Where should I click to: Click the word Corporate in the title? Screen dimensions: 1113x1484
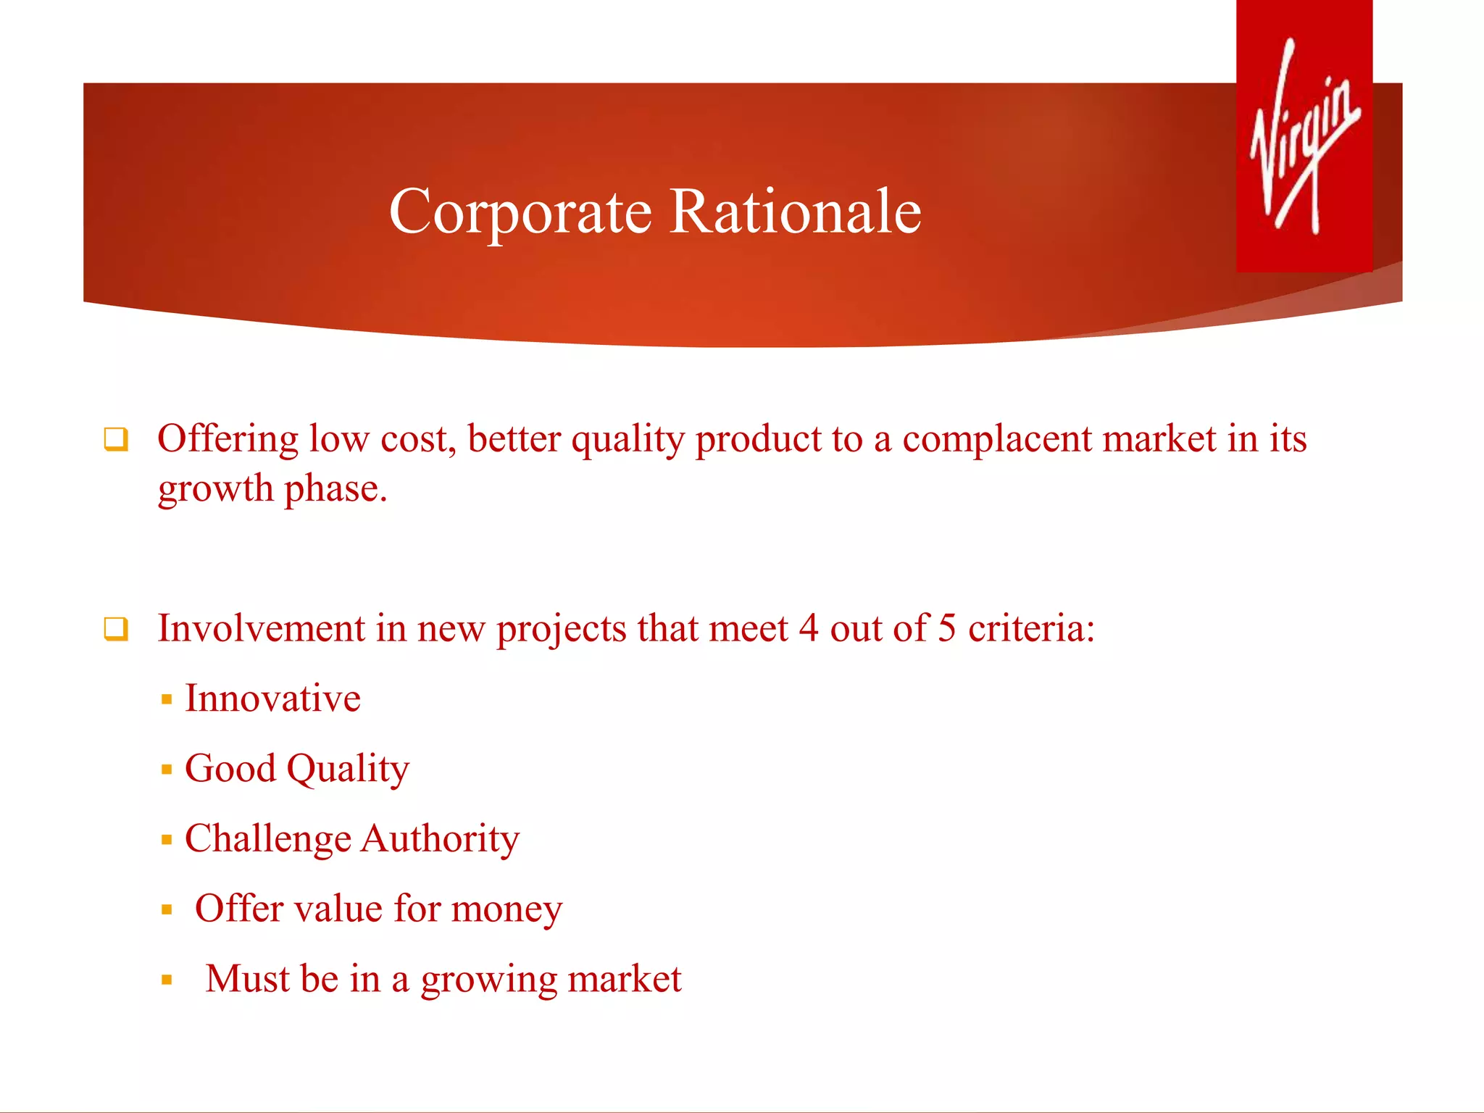click(x=520, y=212)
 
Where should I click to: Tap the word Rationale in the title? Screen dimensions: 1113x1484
click(x=795, y=212)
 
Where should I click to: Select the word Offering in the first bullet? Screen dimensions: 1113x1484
click(x=228, y=439)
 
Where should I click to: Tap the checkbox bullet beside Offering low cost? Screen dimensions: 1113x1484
click(x=116, y=439)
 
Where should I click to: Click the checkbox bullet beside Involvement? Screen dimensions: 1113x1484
click(x=116, y=628)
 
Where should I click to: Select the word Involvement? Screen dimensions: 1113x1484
click(x=261, y=628)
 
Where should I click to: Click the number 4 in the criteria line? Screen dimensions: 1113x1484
click(x=809, y=628)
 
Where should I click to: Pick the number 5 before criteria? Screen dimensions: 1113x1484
click(x=946, y=628)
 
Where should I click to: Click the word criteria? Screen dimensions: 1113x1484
click(x=1030, y=628)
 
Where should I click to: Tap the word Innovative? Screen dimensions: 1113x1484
click(x=272, y=699)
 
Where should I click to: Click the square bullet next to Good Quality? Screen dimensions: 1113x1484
click(x=167, y=770)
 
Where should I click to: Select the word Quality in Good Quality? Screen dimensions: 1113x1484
click(x=348, y=770)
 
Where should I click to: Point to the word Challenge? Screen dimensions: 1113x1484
click(x=267, y=839)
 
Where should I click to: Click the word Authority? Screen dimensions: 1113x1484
click(x=440, y=839)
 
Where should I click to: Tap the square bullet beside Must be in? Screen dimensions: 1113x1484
click(x=167, y=980)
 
